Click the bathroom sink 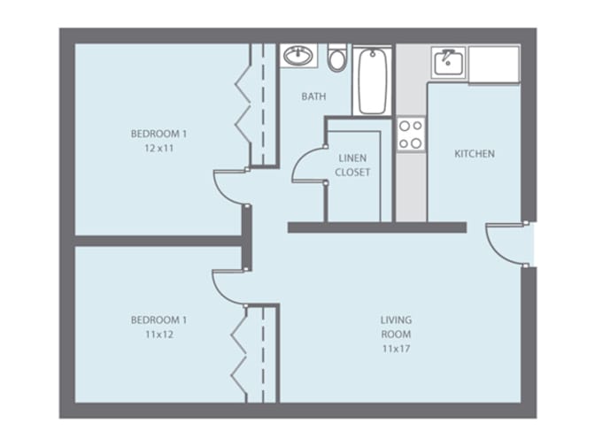(x=298, y=56)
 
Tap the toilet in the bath (x=337, y=58)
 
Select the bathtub (x=373, y=81)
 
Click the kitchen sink (x=448, y=62)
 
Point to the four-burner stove (x=411, y=135)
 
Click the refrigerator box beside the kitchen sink (x=494, y=64)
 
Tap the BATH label (x=313, y=96)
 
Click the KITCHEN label (x=475, y=154)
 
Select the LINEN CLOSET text (x=352, y=165)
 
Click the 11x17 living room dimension (x=396, y=349)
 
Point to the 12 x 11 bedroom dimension (x=159, y=149)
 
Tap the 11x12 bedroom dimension (x=159, y=334)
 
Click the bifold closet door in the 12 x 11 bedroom (x=243, y=105)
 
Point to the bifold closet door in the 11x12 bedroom (x=239, y=354)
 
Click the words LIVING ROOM (x=396, y=327)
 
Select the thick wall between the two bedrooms (x=158, y=241)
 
